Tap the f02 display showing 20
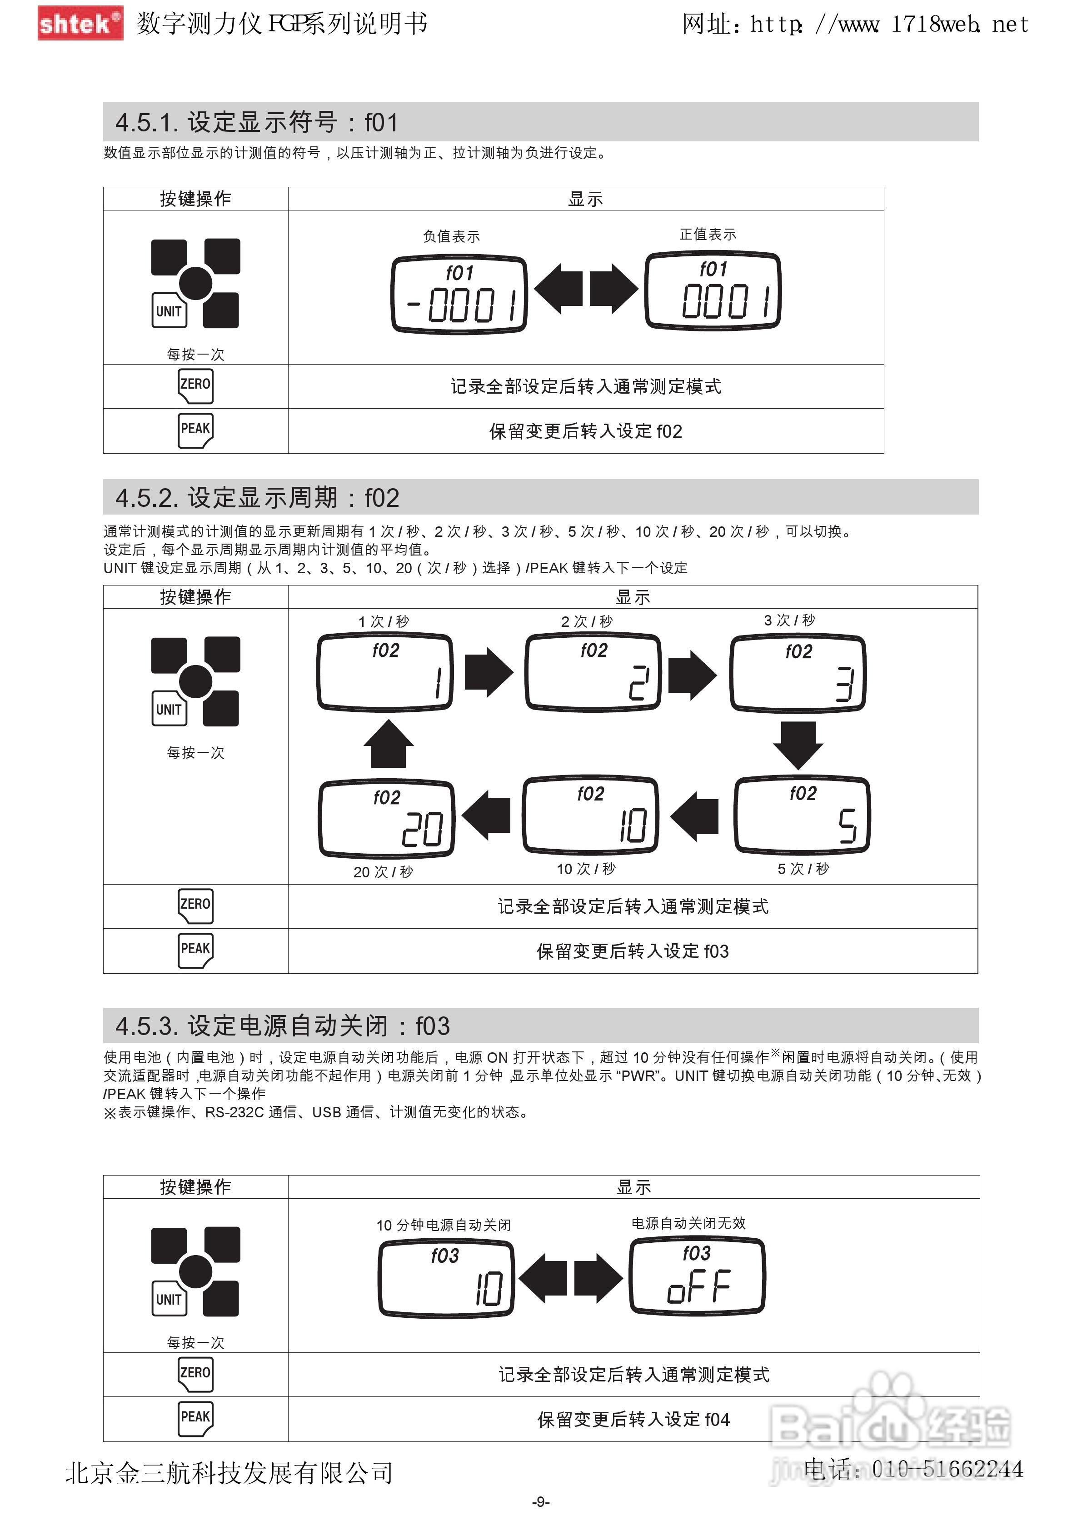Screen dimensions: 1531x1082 (387, 818)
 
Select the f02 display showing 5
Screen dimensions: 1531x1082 (802, 815)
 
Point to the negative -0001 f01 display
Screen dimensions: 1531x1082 (459, 294)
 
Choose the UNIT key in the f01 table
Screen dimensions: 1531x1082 (169, 311)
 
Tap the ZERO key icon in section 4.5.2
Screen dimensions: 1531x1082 (195, 906)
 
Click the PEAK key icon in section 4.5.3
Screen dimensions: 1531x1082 (195, 1418)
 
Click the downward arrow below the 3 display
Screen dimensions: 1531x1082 (798, 745)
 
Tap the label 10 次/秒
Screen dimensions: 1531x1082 (586, 869)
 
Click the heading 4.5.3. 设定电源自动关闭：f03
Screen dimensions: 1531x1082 (283, 1026)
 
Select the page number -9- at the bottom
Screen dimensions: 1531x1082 (541, 1501)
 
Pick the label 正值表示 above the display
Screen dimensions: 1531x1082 (708, 234)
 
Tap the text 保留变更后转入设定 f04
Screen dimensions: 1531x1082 (633, 1419)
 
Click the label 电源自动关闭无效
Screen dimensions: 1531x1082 (688, 1223)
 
